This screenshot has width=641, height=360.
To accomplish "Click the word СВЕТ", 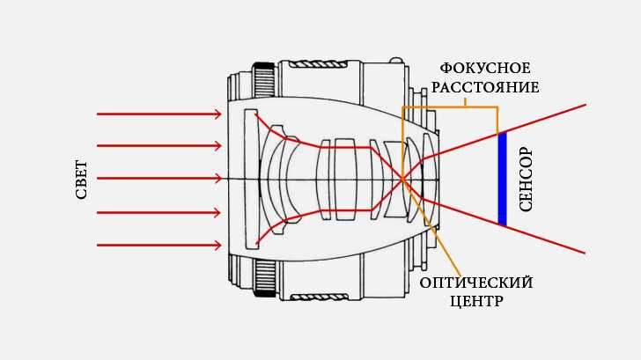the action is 82,179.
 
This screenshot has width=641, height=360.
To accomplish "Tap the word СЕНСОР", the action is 527,179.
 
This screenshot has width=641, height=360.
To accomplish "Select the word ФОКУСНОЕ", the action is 485,69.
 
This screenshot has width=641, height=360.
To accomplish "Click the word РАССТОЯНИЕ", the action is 485,87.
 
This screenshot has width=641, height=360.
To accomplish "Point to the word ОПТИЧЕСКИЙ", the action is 475,283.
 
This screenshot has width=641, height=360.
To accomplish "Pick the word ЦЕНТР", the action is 475,301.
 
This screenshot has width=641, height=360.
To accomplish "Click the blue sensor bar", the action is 502,179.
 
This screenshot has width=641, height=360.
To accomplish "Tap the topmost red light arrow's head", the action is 217,114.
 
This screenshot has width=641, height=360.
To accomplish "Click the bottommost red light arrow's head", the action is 217,245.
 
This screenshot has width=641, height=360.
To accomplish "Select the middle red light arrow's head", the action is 217,179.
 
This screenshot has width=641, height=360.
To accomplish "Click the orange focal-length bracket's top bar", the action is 450,107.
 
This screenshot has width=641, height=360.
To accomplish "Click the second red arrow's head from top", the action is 217,145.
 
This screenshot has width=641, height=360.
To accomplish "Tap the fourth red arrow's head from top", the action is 217,212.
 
